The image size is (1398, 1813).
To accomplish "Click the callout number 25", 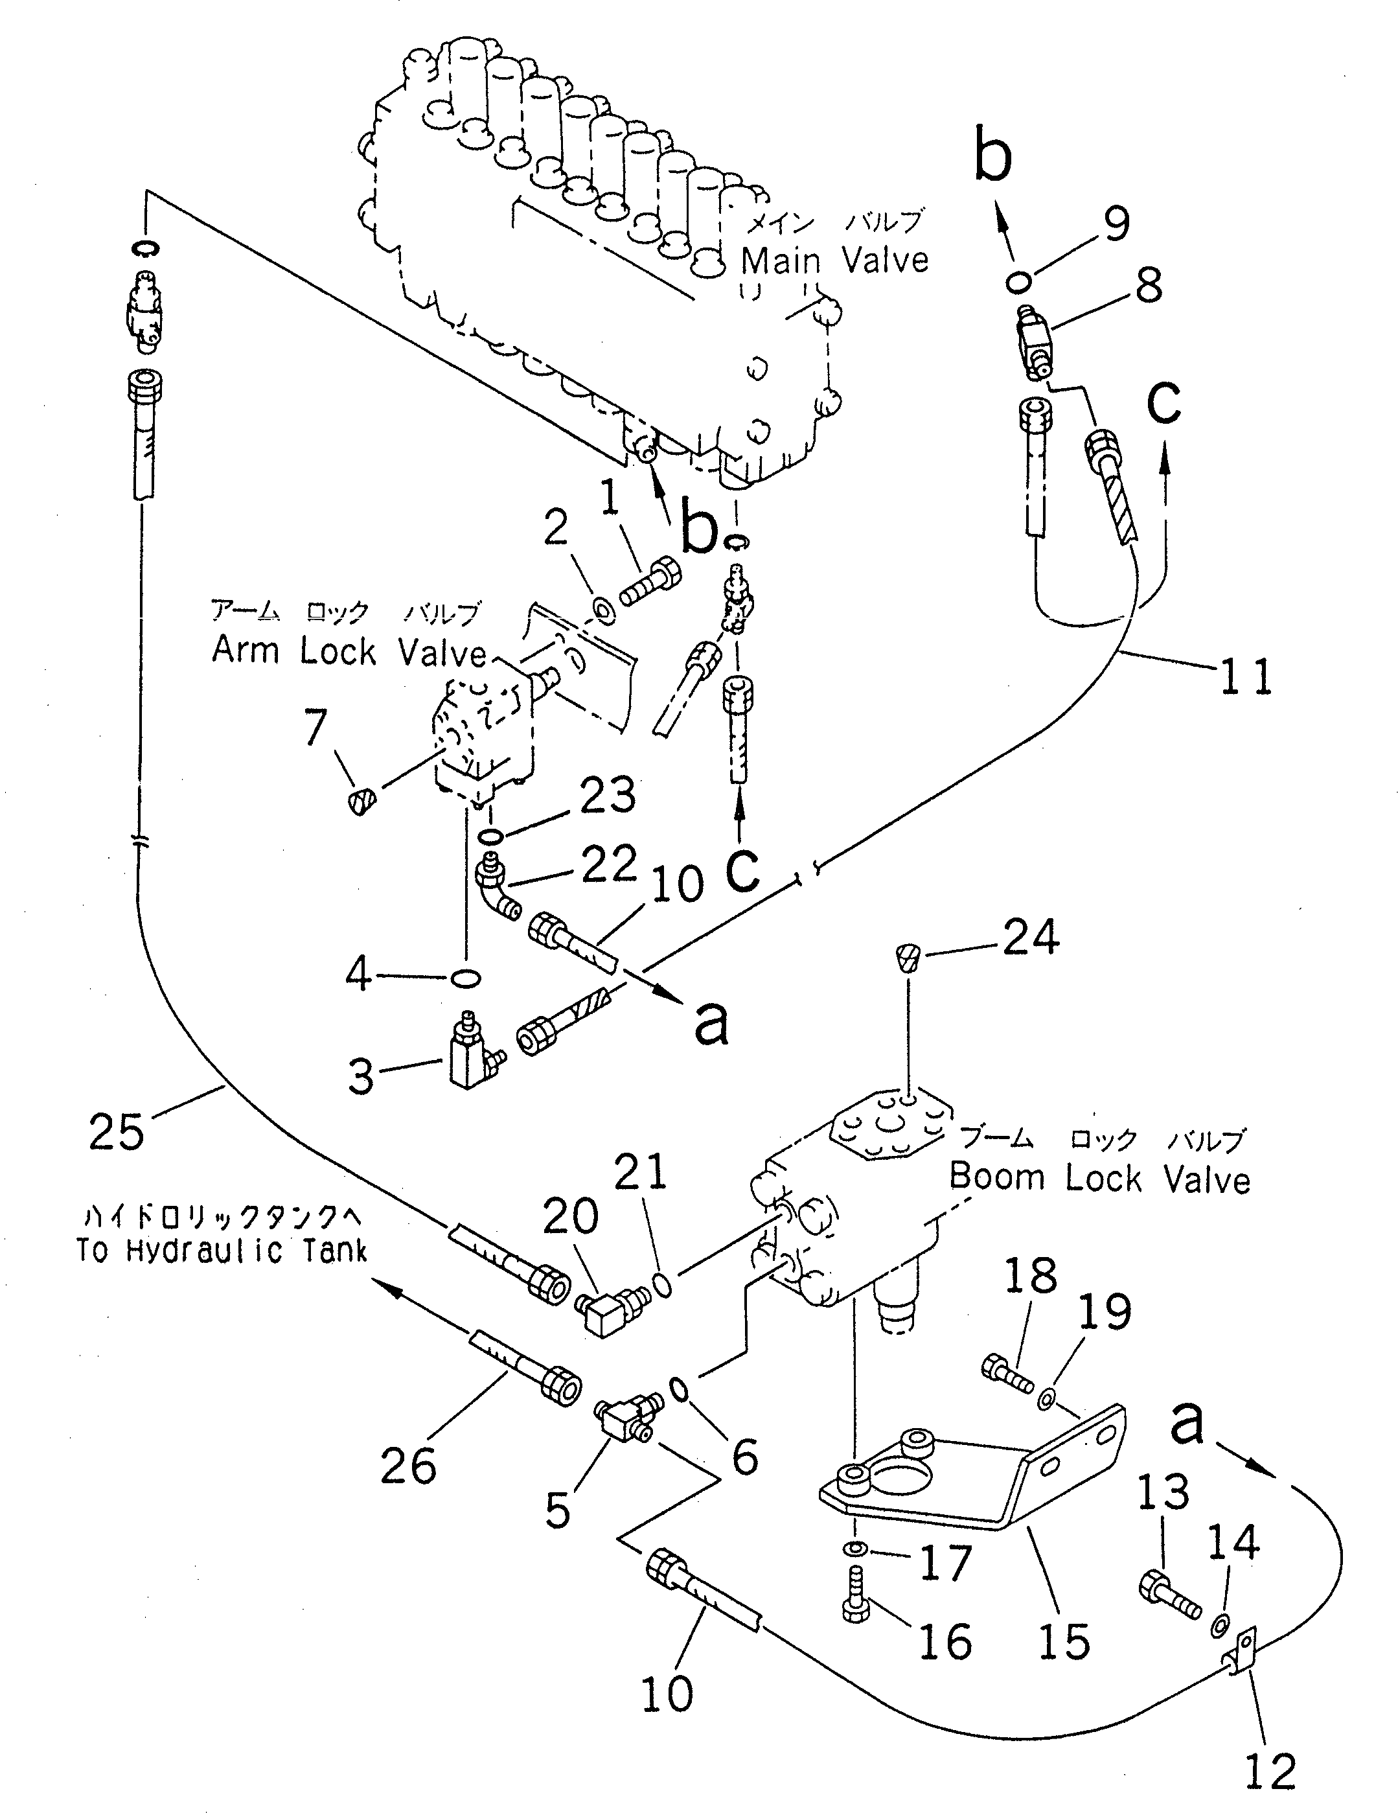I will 116,1132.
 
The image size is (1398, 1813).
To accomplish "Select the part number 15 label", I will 1064,1642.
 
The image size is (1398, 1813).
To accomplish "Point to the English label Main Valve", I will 834,260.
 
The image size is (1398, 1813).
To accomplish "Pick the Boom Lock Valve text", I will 1099,1178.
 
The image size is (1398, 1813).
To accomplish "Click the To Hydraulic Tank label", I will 222,1250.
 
